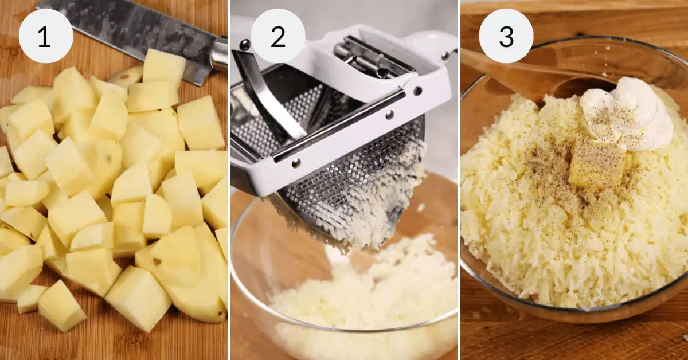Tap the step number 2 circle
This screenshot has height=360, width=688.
pyautogui.click(x=277, y=36)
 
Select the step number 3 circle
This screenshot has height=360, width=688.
pyautogui.click(x=506, y=36)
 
